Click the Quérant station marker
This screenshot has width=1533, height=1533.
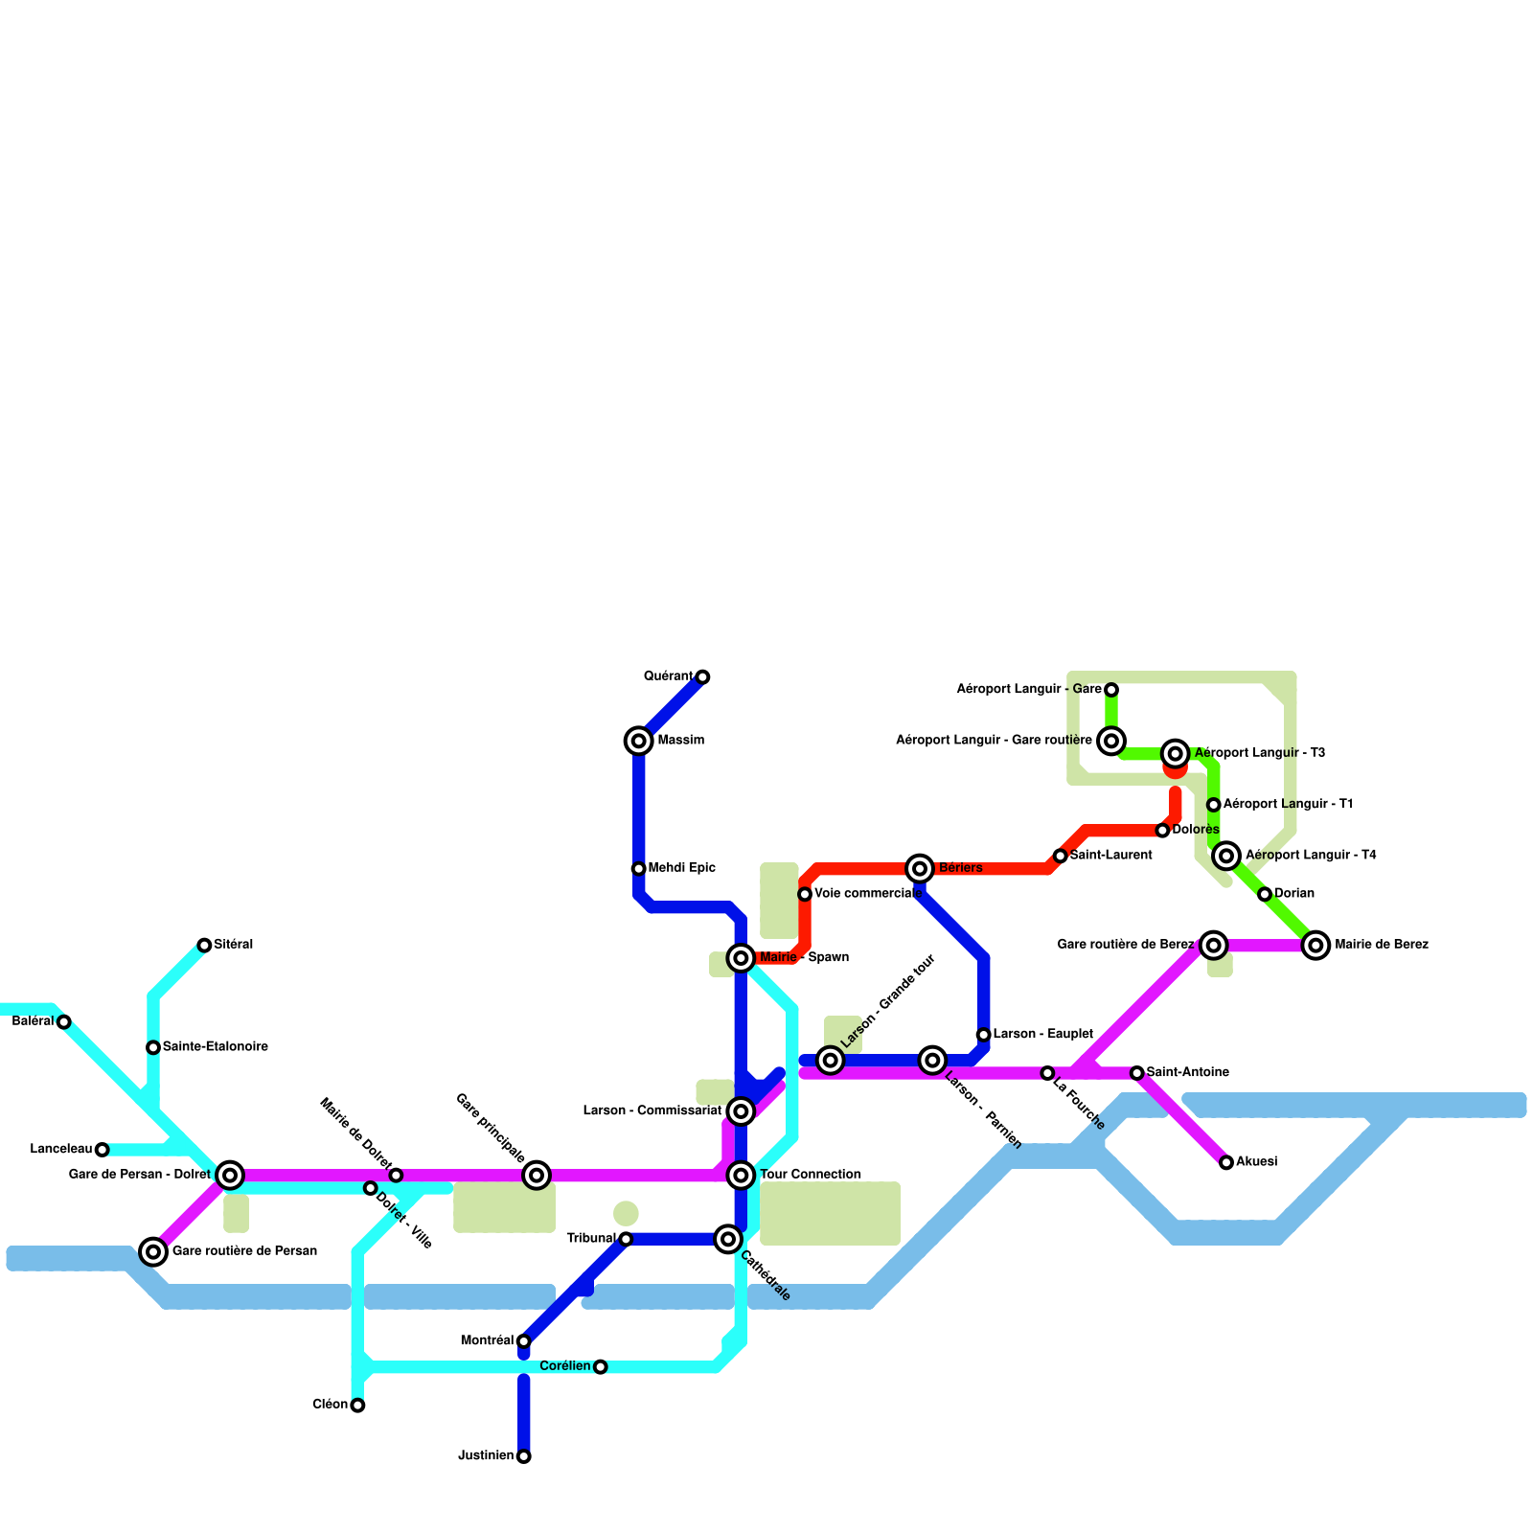[x=702, y=677]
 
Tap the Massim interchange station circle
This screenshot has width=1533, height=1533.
[x=639, y=741]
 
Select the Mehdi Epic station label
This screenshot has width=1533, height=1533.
[x=681, y=868]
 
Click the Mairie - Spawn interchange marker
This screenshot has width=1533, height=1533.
[x=741, y=957]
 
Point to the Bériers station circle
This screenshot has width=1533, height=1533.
[x=920, y=868]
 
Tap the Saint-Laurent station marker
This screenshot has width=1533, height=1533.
[x=1060, y=856]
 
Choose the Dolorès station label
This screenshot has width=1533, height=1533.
[x=1195, y=830]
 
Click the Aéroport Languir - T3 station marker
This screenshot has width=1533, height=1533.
[x=1176, y=754]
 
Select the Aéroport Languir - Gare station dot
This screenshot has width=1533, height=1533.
[x=1111, y=690]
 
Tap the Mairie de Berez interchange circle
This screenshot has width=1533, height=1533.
[x=1316, y=946]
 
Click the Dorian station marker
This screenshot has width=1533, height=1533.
[x=1265, y=894]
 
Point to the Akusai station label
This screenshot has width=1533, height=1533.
[x=1256, y=1162]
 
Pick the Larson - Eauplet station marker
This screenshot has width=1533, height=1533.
[x=983, y=1035]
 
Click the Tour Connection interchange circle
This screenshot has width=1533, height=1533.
[x=741, y=1175]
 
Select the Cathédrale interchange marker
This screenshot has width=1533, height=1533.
[x=728, y=1239]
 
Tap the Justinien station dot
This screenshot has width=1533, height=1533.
[x=523, y=1456]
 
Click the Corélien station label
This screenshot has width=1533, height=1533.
[x=564, y=1366]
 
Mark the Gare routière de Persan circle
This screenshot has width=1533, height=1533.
[x=153, y=1251]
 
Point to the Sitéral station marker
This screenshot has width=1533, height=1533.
[x=204, y=946]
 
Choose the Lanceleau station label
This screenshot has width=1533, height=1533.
[x=60, y=1149]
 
